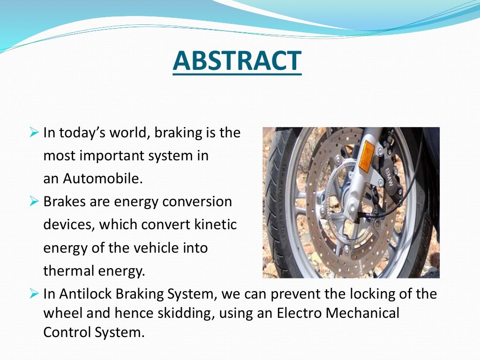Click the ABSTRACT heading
tap(237, 61)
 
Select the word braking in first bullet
tap(177, 133)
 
